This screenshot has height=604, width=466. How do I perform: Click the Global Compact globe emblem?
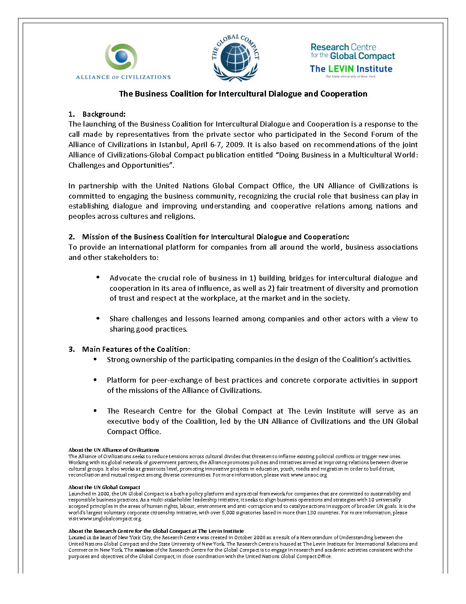click(235, 59)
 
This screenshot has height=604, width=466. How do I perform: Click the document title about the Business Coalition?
click(243, 94)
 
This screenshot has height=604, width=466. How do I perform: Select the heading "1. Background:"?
click(97, 114)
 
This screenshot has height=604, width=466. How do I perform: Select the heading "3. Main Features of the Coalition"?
click(129, 349)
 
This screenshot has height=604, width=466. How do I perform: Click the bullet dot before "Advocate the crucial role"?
click(98, 278)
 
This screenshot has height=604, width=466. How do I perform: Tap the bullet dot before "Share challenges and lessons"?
click(98, 318)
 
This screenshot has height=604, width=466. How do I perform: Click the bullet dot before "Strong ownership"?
click(95, 359)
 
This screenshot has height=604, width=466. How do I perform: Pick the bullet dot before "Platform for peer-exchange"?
click(95, 380)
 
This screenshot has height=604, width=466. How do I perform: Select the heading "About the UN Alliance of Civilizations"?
click(114, 450)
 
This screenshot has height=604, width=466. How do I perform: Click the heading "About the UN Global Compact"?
click(104, 487)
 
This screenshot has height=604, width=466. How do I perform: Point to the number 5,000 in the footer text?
click(228, 513)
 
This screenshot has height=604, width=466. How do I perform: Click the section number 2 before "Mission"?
click(71, 237)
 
